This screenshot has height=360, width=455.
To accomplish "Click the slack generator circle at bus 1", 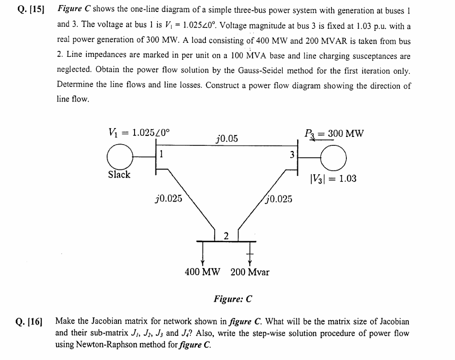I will (120, 156).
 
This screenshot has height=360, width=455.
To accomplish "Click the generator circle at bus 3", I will (335, 156).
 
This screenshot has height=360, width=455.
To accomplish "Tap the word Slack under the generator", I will (119, 175).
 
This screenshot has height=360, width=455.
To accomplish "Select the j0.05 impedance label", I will (227, 139).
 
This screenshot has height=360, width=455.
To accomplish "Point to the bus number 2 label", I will (226, 236).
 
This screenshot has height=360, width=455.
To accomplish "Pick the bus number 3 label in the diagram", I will (292, 155).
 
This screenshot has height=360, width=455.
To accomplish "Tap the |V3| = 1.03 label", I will (334, 179).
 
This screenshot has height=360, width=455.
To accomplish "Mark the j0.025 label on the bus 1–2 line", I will (169, 198).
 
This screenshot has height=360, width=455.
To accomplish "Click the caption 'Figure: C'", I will (233, 299).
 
